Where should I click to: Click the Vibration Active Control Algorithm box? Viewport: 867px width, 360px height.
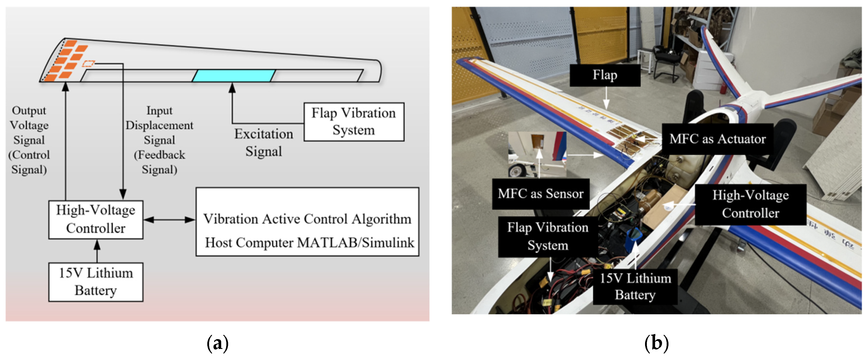coord(307,222)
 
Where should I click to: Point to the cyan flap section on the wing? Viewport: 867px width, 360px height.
coord(234,76)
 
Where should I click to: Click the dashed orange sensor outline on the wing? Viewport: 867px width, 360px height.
coord(89,63)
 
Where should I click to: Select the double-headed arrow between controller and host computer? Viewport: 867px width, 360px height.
coord(169,220)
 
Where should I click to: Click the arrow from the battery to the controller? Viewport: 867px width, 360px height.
coord(97,251)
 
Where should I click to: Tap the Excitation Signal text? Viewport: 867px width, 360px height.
coord(263,143)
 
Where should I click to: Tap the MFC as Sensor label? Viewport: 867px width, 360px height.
coord(540,194)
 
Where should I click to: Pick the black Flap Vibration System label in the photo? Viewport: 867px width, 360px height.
coord(548,236)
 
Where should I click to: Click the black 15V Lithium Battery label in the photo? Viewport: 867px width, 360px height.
coord(635,286)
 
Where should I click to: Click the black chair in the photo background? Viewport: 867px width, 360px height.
coord(665,64)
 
